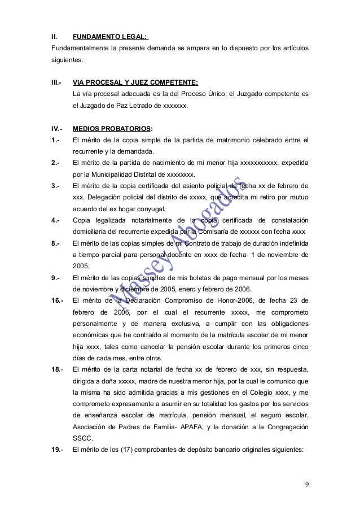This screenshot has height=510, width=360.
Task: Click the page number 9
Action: pos(306,485)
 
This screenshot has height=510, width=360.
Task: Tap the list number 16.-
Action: pos(58,301)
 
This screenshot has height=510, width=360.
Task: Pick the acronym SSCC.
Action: pos(82,437)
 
